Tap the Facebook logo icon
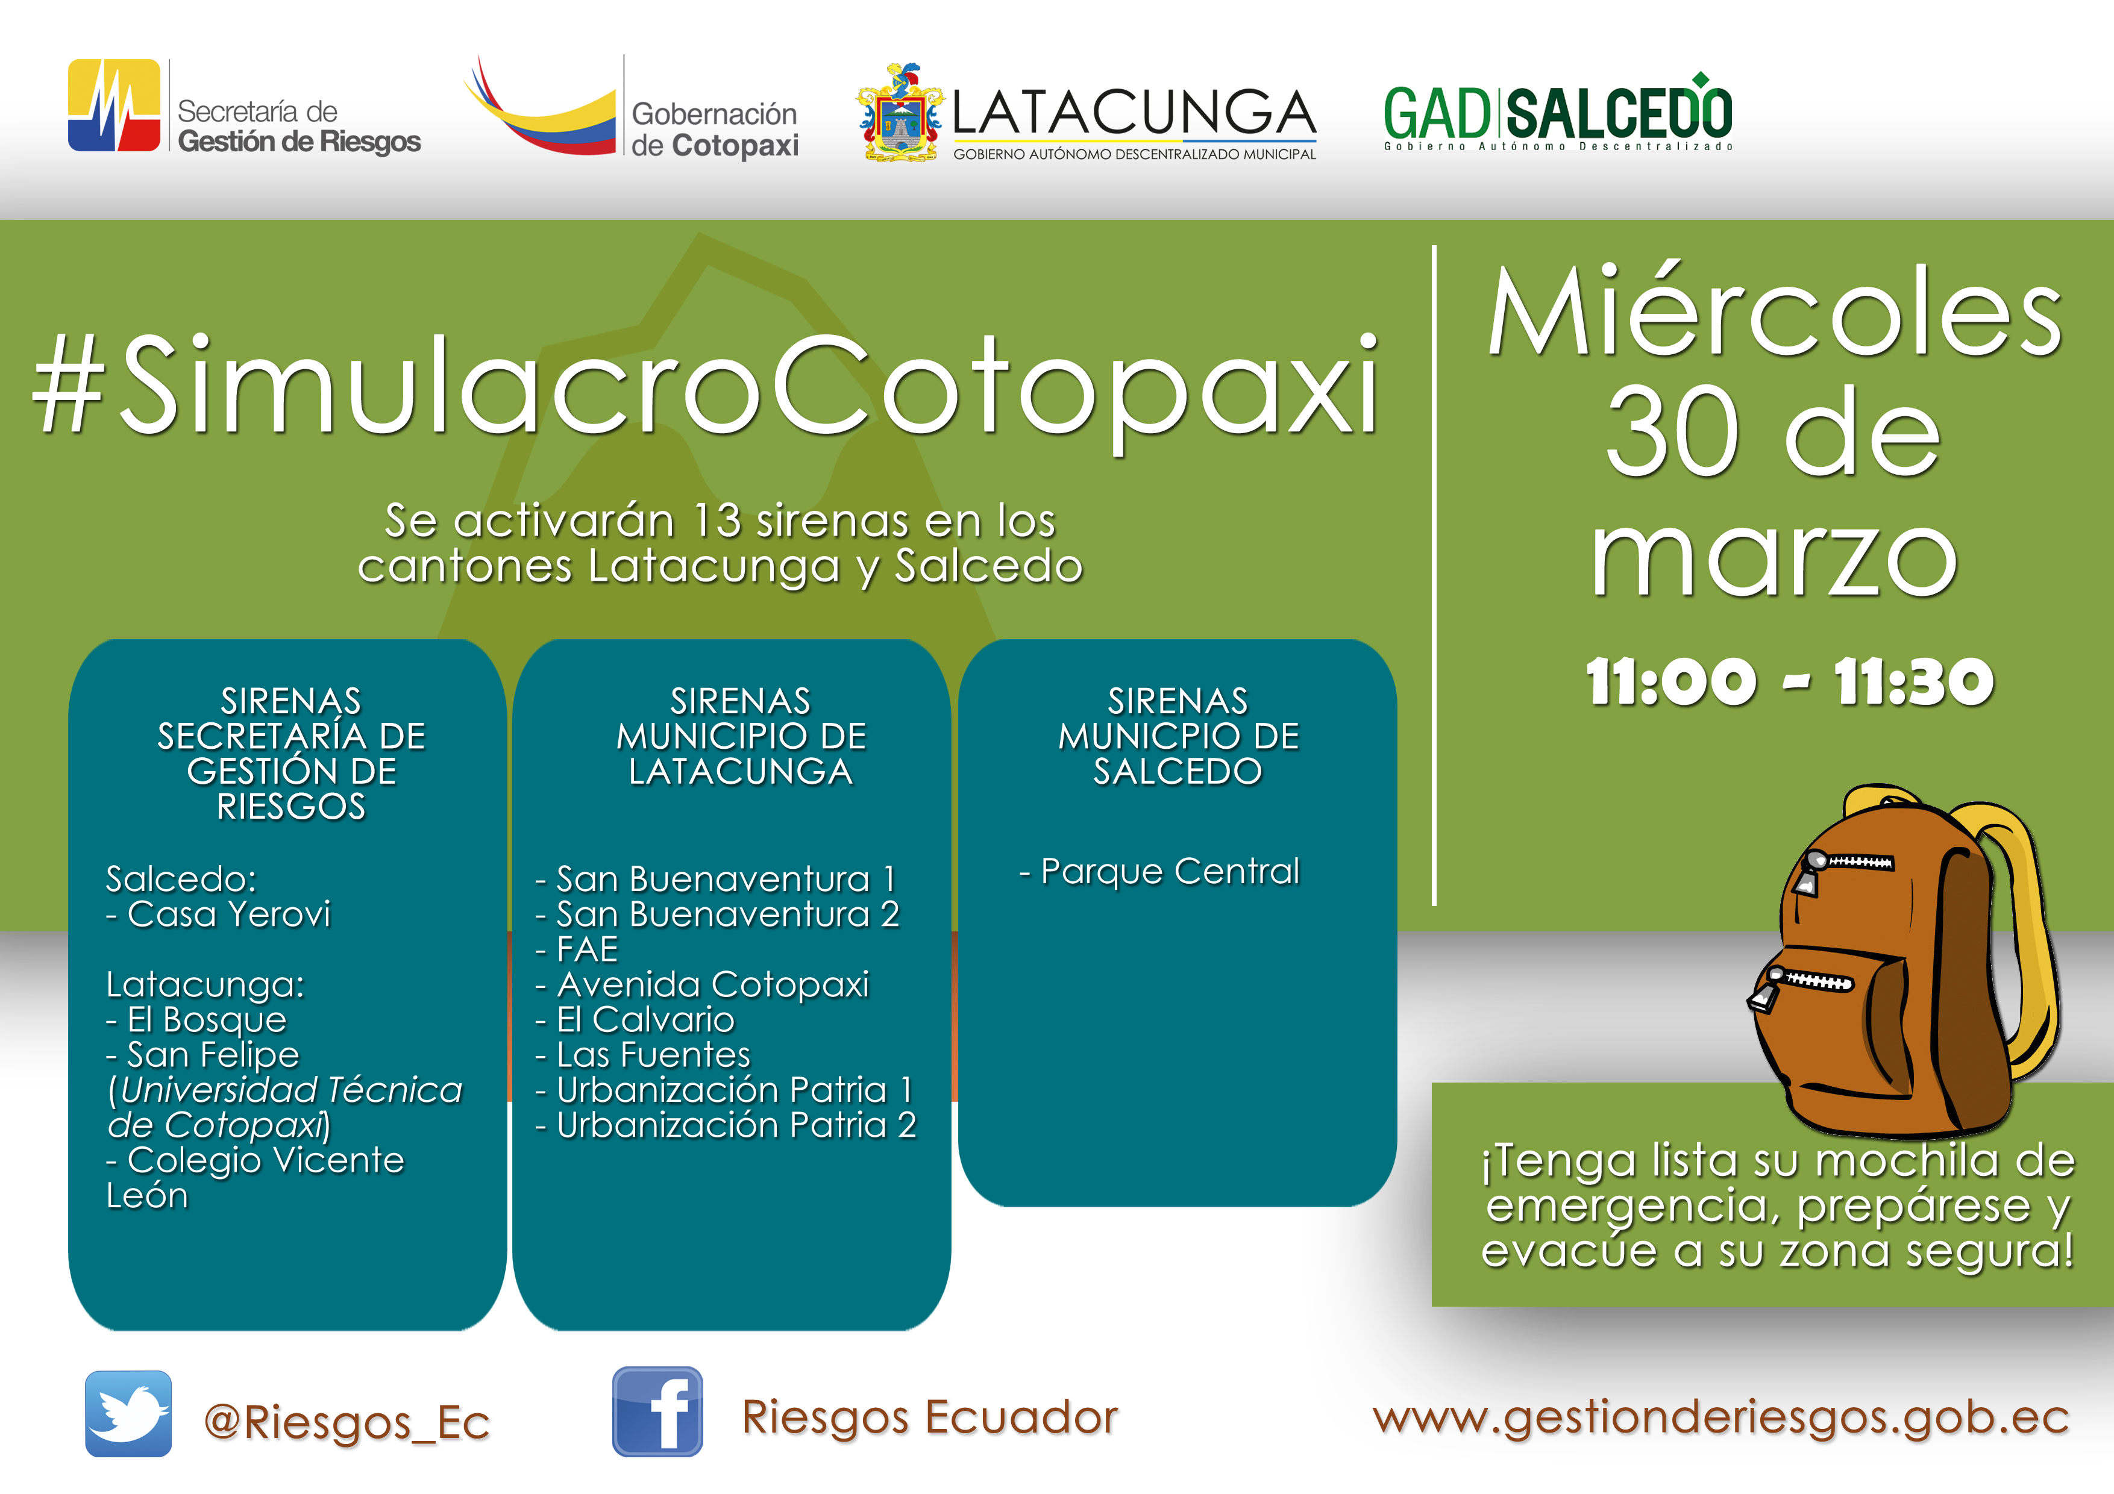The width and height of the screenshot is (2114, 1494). (657, 1412)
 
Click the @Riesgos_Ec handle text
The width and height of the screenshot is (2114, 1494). (347, 1423)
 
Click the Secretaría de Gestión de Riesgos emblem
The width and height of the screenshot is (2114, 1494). (114, 105)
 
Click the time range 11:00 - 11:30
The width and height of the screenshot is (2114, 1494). (1789, 682)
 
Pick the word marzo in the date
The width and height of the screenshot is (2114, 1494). (1774, 556)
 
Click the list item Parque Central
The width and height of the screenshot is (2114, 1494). (1160, 871)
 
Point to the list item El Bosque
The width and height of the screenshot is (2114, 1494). (196, 1020)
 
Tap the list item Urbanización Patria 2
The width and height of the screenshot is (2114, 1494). (726, 1125)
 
